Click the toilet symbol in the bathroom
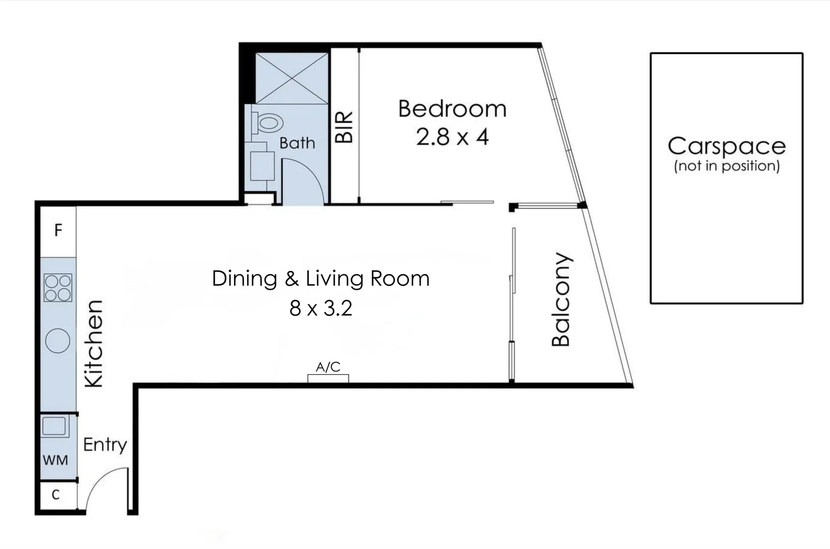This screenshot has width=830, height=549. pyautogui.click(x=268, y=123)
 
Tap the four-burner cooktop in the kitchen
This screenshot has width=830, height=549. pyautogui.click(x=58, y=288)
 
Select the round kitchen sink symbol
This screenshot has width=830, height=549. pyautogui.click(x=58, y=341)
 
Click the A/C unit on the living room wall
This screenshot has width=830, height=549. pyautogui.click(x=328, y=378)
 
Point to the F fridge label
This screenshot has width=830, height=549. pyautogui.click(x=58, y=231)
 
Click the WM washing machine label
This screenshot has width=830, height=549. pyautogui.click(x=55, y=461)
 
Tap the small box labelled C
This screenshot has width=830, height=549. pyautogui.click(x=56, y=495)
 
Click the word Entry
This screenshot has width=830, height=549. pyautogui.click(x=105, y=445)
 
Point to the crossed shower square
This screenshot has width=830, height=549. pyautogui.click(x=292, y=78)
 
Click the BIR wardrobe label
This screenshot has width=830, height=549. pyautogui.click(x=345, y=127)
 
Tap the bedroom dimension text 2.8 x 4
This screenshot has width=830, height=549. pyautogui.click(x=452, y=137)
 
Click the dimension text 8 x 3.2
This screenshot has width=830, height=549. pyautogui.click(x=321, y=309)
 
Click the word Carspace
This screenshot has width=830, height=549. pyautogui.click(x=726, y=146)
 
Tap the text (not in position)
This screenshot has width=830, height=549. pyautogui.click(x=726, y=166)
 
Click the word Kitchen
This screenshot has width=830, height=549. pyautogui.click(x=94, y=344)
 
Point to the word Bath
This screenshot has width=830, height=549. pyautogui.click(x=297, y=143)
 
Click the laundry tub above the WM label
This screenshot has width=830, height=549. pyautogui.click(x=54, y=426)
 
